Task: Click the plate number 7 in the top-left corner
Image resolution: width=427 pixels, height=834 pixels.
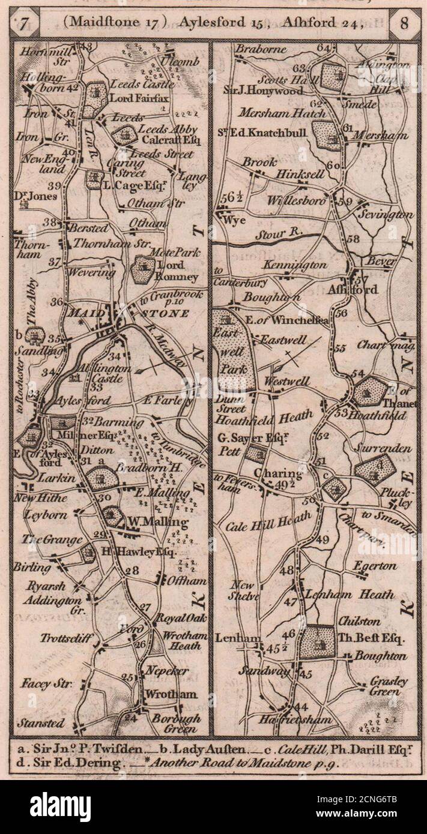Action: [x=23, y=24]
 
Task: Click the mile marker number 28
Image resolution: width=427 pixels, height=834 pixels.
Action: [x=132, y=571]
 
